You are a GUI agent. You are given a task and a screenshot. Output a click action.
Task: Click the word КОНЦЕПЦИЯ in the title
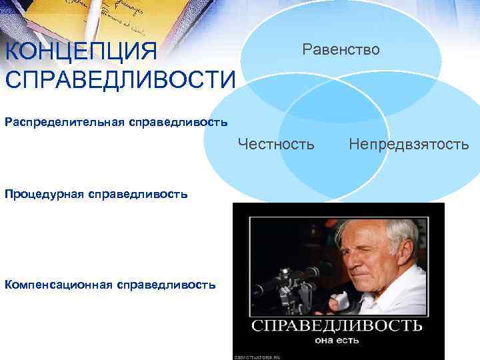coord(80,52)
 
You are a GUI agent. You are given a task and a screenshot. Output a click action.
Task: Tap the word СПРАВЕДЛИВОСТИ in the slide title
coord(120,79)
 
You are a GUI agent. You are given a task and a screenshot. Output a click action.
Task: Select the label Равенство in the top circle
coord(341,49)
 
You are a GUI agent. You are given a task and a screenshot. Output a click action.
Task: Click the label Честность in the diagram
coord(276,143)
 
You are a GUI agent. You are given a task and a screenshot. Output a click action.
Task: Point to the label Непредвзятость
coord(408,143)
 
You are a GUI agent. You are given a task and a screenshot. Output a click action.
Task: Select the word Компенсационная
coord(58,285)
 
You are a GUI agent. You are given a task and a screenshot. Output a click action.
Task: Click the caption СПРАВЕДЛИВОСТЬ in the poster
coord(337,325)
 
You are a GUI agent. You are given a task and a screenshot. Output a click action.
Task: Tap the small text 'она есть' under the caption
coord(337,341)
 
